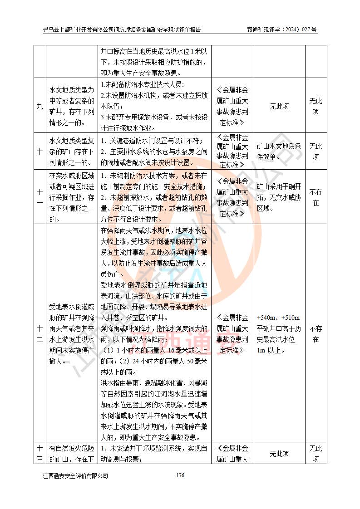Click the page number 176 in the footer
180,475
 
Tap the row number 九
39,107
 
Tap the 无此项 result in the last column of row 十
316,152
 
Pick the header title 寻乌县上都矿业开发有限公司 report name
122,30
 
